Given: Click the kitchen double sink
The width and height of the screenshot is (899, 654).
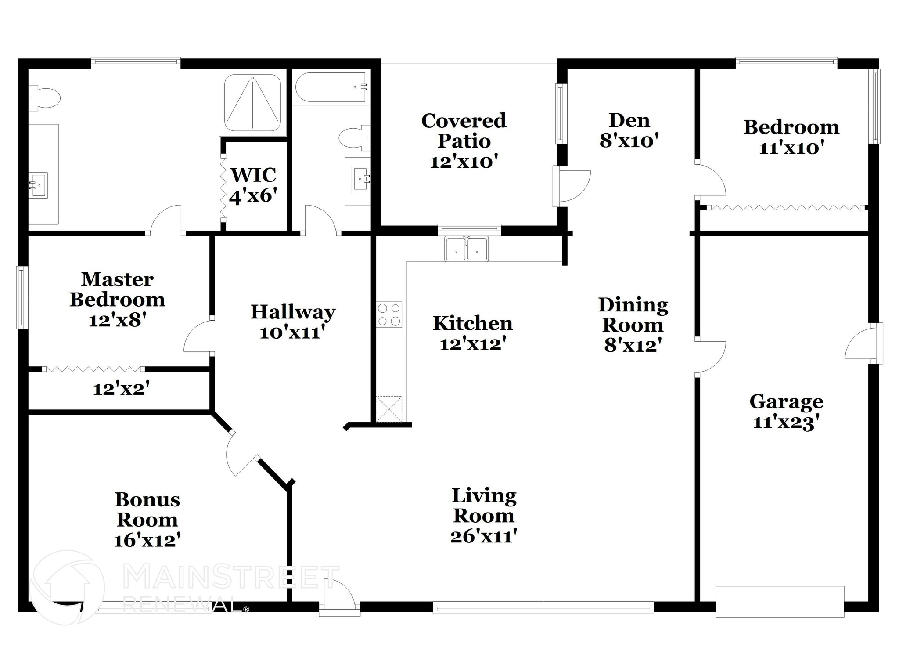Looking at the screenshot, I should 467,249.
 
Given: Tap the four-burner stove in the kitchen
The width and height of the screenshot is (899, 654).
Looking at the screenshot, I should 389,314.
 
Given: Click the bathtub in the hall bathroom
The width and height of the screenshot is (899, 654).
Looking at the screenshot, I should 331,87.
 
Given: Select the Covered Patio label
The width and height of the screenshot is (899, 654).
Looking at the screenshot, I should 464,131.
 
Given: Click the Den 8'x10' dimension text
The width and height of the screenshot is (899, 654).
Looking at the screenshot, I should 629,141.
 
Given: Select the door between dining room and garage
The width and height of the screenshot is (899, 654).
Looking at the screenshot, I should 710,357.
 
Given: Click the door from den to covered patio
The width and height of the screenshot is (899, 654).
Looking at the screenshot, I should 573,186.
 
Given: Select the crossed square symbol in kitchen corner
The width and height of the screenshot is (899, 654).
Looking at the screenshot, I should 389,409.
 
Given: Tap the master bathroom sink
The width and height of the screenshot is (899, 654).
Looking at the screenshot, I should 38,185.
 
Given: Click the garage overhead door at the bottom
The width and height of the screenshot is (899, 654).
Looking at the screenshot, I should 780,601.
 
